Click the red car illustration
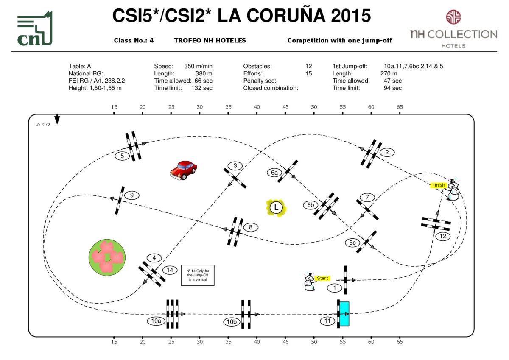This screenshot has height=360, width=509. (x=183, y=170)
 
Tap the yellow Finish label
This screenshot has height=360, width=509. (x=439, y=185)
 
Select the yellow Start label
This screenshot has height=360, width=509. (x=323, y=278)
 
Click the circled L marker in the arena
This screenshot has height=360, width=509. (x=276, y=208)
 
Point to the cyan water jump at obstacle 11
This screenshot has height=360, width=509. (x=344, y=314)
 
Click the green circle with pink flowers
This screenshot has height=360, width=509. (x=106, y=257)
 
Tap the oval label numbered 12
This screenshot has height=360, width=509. (x=443, y=236)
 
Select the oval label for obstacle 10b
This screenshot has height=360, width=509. (x=232, y=322)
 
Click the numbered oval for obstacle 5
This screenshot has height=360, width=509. (x=122, y=156)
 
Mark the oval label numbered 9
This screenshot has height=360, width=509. (x=132, y=195)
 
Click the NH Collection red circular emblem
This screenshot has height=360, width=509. (x=453, y=17)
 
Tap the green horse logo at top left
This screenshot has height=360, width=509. (x=35, y=29)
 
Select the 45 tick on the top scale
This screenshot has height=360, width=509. (x=285, y=107)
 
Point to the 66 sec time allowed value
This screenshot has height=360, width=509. (x=204, y=81)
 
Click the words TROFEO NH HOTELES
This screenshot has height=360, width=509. (x=210, y=41)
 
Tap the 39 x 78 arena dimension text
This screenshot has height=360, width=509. (x=43, y=124)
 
